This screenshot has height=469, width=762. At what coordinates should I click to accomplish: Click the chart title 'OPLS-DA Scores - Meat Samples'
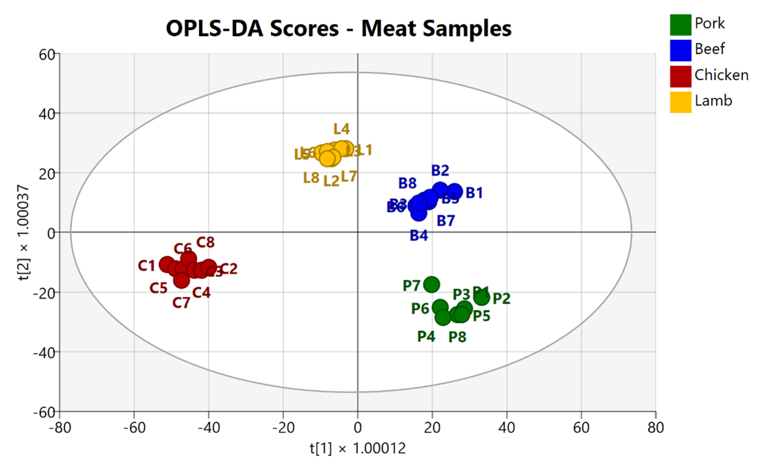[339, 28]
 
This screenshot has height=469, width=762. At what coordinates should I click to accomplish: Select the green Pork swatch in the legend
[680, 24]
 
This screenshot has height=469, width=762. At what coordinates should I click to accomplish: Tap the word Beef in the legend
[709, 49]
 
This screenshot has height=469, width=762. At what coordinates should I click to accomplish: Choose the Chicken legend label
[722, 75]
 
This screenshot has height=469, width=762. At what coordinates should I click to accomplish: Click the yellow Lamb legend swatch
[680, 101]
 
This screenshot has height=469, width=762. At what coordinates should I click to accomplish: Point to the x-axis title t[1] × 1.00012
[357, 449]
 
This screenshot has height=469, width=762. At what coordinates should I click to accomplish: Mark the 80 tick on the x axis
[656, 427]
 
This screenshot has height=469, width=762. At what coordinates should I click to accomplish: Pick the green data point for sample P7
[431, 285]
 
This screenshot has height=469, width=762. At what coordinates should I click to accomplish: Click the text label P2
[501, 299]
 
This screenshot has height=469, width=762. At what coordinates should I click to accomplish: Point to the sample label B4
[419, 235]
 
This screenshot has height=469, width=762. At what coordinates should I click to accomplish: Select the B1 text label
[475, 193]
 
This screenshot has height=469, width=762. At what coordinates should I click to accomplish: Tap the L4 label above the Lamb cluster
[342, 128]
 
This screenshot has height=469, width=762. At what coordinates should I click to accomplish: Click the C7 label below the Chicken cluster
[181, 302]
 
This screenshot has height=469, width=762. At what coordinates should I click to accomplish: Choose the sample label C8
[206, 242]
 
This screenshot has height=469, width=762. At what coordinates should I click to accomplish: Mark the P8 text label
[457, 337]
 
